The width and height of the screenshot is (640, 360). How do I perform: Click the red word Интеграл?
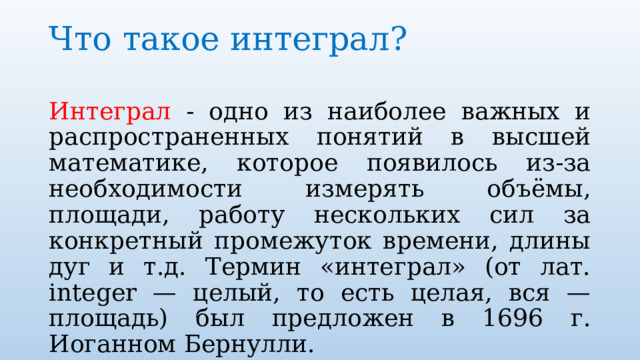110,110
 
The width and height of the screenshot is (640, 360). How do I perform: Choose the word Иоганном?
113,345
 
